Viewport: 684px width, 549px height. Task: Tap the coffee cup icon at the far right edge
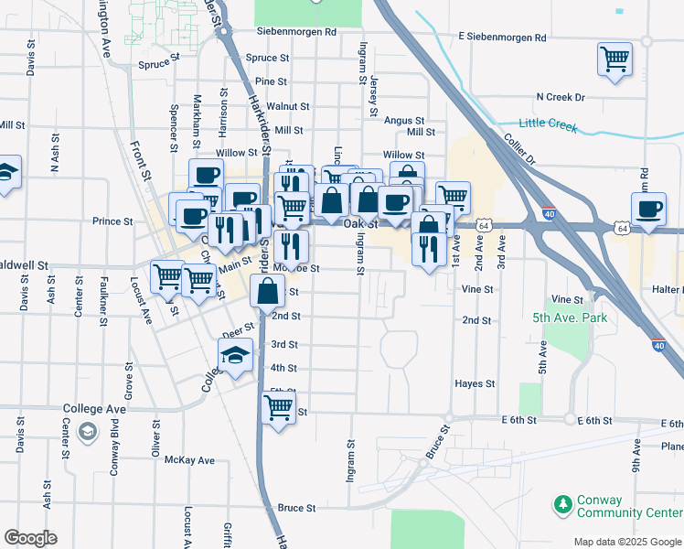(x=649, y=209)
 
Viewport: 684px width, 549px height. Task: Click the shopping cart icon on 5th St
(x=279, y=406)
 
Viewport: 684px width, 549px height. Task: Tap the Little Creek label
(x=548, y=125)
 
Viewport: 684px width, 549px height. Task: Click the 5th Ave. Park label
(x=570, y=318)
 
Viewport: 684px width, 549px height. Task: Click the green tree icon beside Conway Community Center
(x=561, y=504)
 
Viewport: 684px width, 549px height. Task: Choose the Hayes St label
(x=475, y=384)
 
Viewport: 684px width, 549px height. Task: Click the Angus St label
(x=404, y=120)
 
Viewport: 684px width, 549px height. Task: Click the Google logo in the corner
(x=30, y=538)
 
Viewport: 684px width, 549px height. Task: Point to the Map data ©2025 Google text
(x=627, y=542)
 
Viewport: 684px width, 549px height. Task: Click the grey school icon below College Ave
(x=87, y=431)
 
